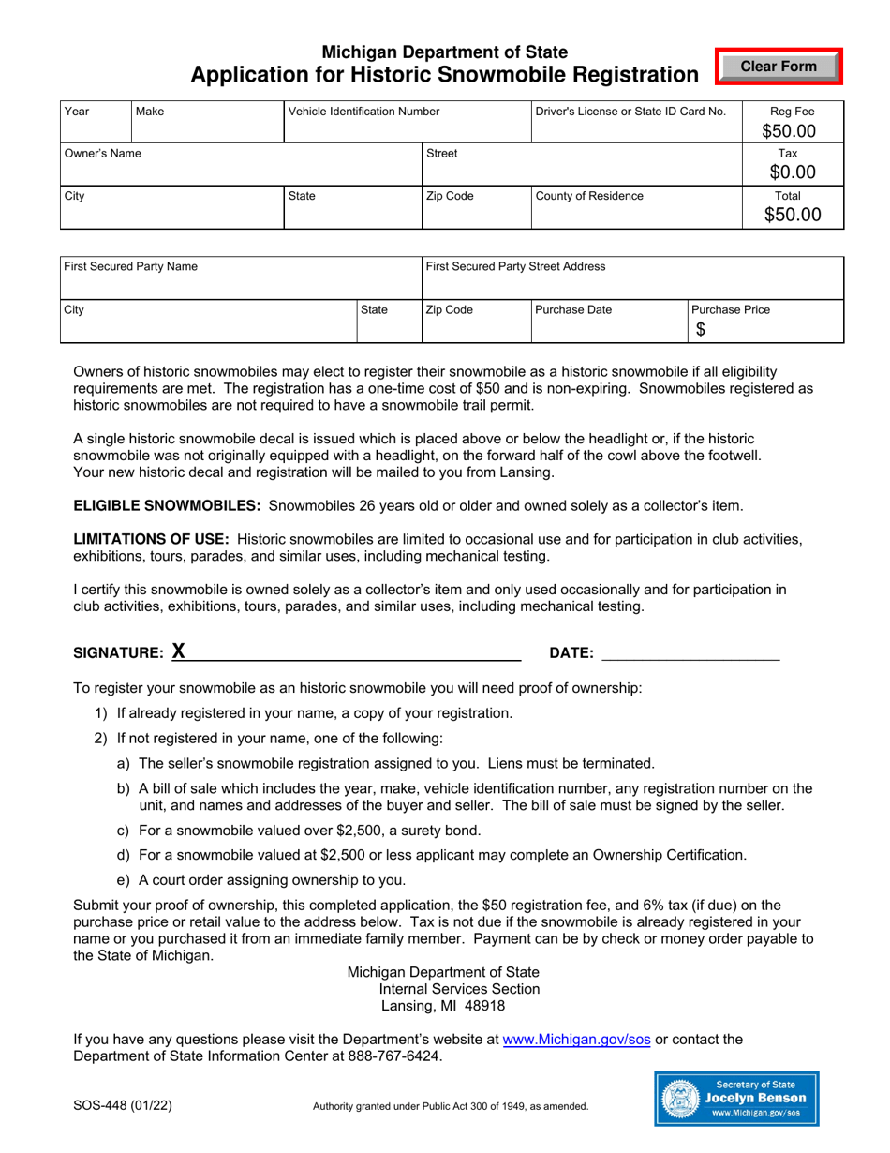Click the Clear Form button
pos(779,67)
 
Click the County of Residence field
pos(636,213)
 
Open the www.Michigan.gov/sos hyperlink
pos(576,1040)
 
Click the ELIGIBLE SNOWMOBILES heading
pos(167,506)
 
